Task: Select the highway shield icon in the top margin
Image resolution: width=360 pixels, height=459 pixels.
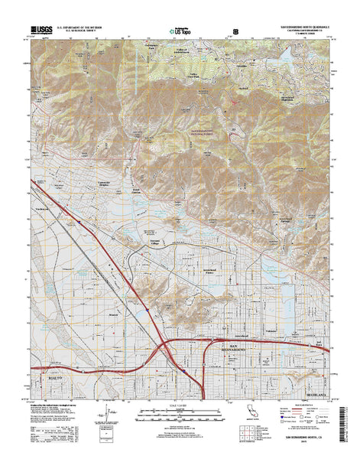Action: pos(235,31)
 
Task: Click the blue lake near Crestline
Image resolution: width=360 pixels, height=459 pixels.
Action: pos(291,55)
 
